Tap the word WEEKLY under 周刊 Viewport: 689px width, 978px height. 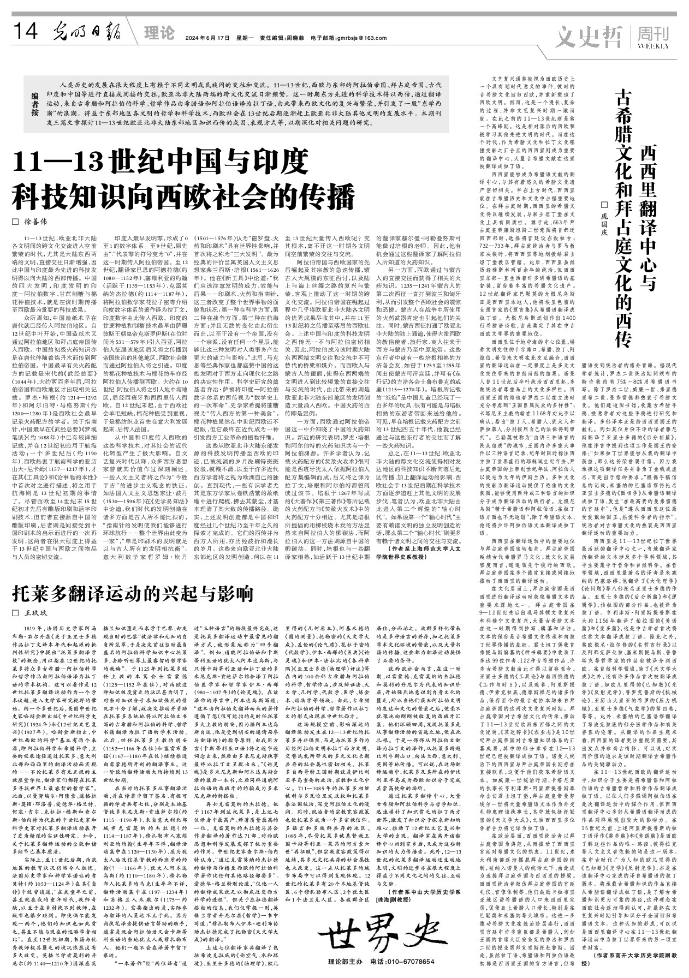point(652,46)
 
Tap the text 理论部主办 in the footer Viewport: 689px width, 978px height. point(347,961)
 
